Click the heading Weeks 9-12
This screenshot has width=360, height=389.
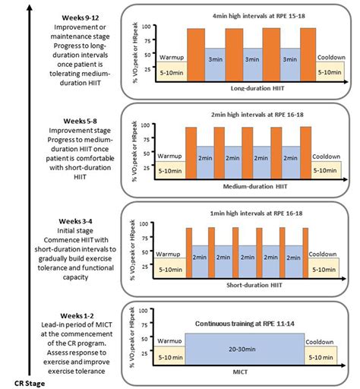tap(81, 18)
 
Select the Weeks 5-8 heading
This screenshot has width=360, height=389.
tap(80, 121)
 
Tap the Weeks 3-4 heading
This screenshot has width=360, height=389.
tap(75, 221)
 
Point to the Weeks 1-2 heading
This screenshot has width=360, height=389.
tap(77, 316)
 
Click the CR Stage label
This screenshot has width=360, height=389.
tap(30, 384)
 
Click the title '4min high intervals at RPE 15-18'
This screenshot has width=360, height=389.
tap(259, 16)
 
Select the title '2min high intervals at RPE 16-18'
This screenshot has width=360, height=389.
tap(257, 115)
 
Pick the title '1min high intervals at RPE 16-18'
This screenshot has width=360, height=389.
tap(256, 213)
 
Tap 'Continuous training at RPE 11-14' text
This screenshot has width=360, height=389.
tap(245, 324)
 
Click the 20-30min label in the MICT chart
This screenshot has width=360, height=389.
tap(242, 349)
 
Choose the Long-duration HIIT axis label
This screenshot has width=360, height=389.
tap(257, 88)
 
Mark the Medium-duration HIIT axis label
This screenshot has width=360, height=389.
tap(255, 187)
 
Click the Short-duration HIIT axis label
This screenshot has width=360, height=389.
tap(254, 285)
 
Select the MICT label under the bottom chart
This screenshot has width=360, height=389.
tap(240, 372)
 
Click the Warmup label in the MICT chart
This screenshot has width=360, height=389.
tap(169, 341)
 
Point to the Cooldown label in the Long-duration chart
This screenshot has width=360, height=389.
tap(331, 58)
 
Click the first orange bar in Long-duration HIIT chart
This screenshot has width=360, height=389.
tap(196, 55)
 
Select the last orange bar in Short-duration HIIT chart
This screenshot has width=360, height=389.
tap(305, 253)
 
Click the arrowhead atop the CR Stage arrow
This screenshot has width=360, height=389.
tap(30, 8)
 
